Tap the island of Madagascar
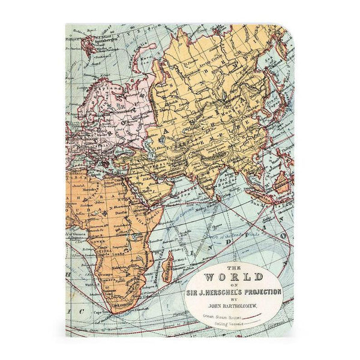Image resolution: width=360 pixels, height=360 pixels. pyautogui.click(x=170, y=265)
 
